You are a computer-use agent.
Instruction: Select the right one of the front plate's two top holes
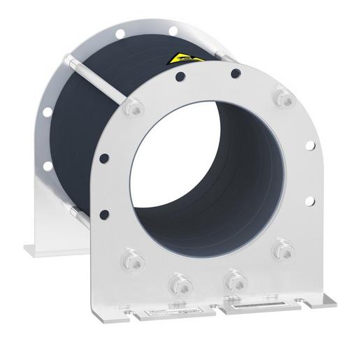[233, 71]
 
